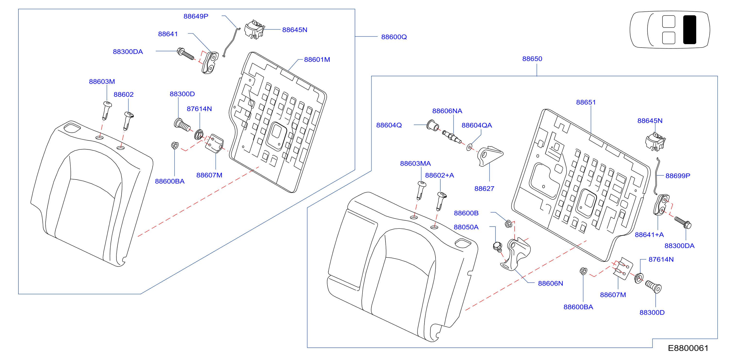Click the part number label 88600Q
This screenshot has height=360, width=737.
pyautogui.click(x=394, y=37)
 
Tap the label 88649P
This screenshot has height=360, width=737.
pyautogui.click(x=196, y=16)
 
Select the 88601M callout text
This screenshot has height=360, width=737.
pyautogui.click(x=317, y=59)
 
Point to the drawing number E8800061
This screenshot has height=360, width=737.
pyautogui.click(x=688, y=348)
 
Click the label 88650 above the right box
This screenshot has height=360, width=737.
pyautogui.click(x=532, y=59)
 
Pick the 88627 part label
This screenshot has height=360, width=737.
pyautogui.click(x=484, y=188)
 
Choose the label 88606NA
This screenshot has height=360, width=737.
pyautogui.click(x=447, y=111)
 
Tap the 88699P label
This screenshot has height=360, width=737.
pyautogui.click(x=678, y=176)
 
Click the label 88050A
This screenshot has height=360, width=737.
pyautogui.click(x=466, y=227)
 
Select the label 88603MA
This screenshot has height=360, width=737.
pyautogui.click(x=415, y=163)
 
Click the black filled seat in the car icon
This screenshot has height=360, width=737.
pyautogui.click(x=689, y=30)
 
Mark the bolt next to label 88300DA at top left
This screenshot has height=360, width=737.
pyautogui.click(x=185, y=54)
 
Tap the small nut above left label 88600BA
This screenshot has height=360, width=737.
pyautogui.click(x=175, y=145)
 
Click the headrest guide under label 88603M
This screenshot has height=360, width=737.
pyautogui.click(x=106, y=110)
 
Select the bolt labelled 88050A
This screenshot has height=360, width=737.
pyautogui.click(x=498, y=247)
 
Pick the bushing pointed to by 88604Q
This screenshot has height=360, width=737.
pyautogui.click(x=432, y=125)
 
